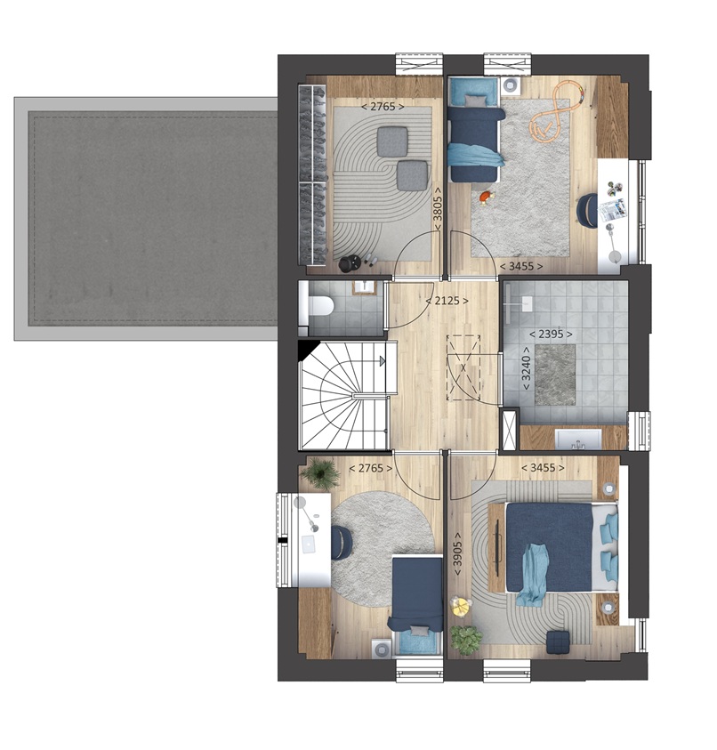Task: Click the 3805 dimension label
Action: click(x=437, y=209)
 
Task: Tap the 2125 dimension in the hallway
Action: click(x=447, y=301)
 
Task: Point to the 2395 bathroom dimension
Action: click(x=551, y=334)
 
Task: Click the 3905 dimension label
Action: click(x=458, y=553)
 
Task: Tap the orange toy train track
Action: click(x=556, y=109)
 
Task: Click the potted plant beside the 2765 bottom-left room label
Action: click(x=319, y=472)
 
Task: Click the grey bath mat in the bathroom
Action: click(x=555, y=375)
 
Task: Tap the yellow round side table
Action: click(x=461, y=606)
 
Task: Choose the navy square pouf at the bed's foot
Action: click(x=558, y=641)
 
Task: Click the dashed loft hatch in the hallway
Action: click(x=463, y=367)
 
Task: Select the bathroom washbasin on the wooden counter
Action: click(x=578, y=440)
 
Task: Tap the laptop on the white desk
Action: click(x=309, y=544)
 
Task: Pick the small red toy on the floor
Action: click(x=486, y=197)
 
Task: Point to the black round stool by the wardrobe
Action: click(x=350, y=263)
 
